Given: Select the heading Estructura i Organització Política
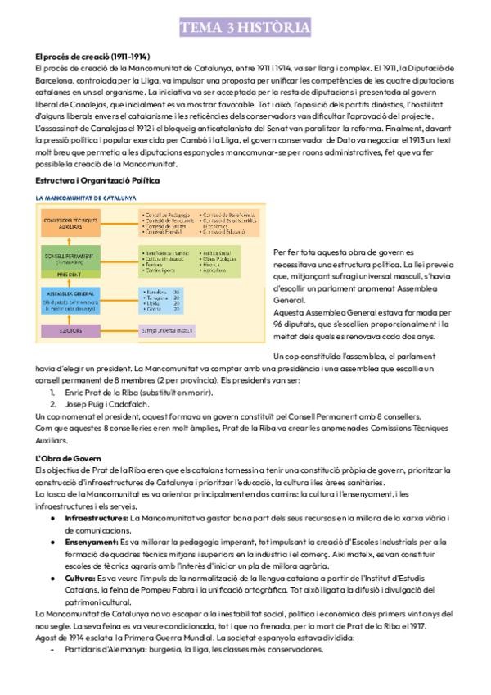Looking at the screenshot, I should pos(97,179).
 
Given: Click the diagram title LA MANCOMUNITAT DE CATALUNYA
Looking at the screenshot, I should pos(86,198).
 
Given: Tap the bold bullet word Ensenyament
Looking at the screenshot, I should pos(90,543).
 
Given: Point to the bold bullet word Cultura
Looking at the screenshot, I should pos(79,577).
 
